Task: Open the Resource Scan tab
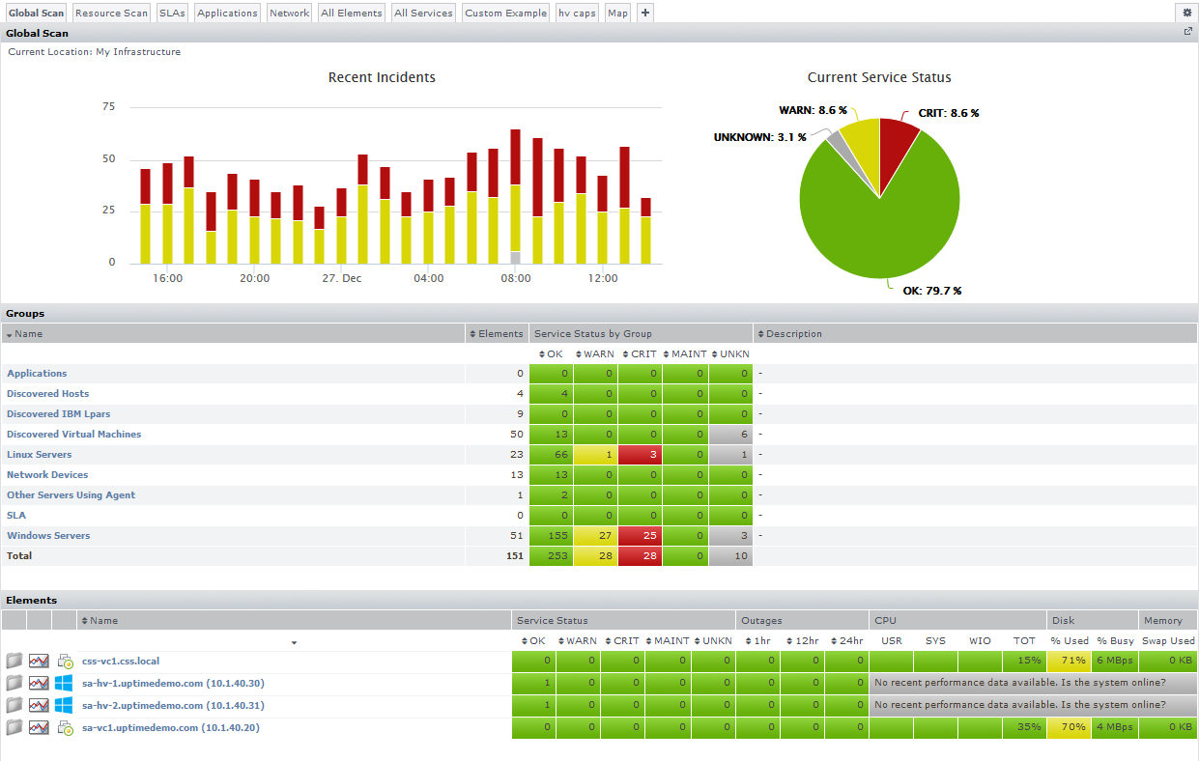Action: pyautogui.click(x=111, y=14)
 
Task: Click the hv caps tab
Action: pyautogui.click(x=577, y=14)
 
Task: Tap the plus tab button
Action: pyautogui.click(x=645, y=14)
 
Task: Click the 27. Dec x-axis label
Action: pyautogui.click(x=342, y=278)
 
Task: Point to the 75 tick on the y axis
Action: pyautogui.click(x=108, y=107)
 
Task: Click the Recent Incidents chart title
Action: pyautogui.click(x=382, y=77)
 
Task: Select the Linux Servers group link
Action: pyautogui.click(x=39, y=455)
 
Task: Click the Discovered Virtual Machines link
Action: pyautogui.click(x=73, y=435)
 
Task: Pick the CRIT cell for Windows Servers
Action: pyautogui.click(x=641, y=536)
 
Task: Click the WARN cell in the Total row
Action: pyautogui.click(x=596, y=556)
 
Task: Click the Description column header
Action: pyautogui.click(x=793, y=334)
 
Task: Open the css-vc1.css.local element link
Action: pyautogui.click(x=121, y=662)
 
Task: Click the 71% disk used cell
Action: pyautogui.click(x=1069, y=662)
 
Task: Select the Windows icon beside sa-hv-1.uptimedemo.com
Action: pyautogui.click(x=64, y=683)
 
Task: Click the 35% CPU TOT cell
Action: pyautogui.click(x=1024, y=728)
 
